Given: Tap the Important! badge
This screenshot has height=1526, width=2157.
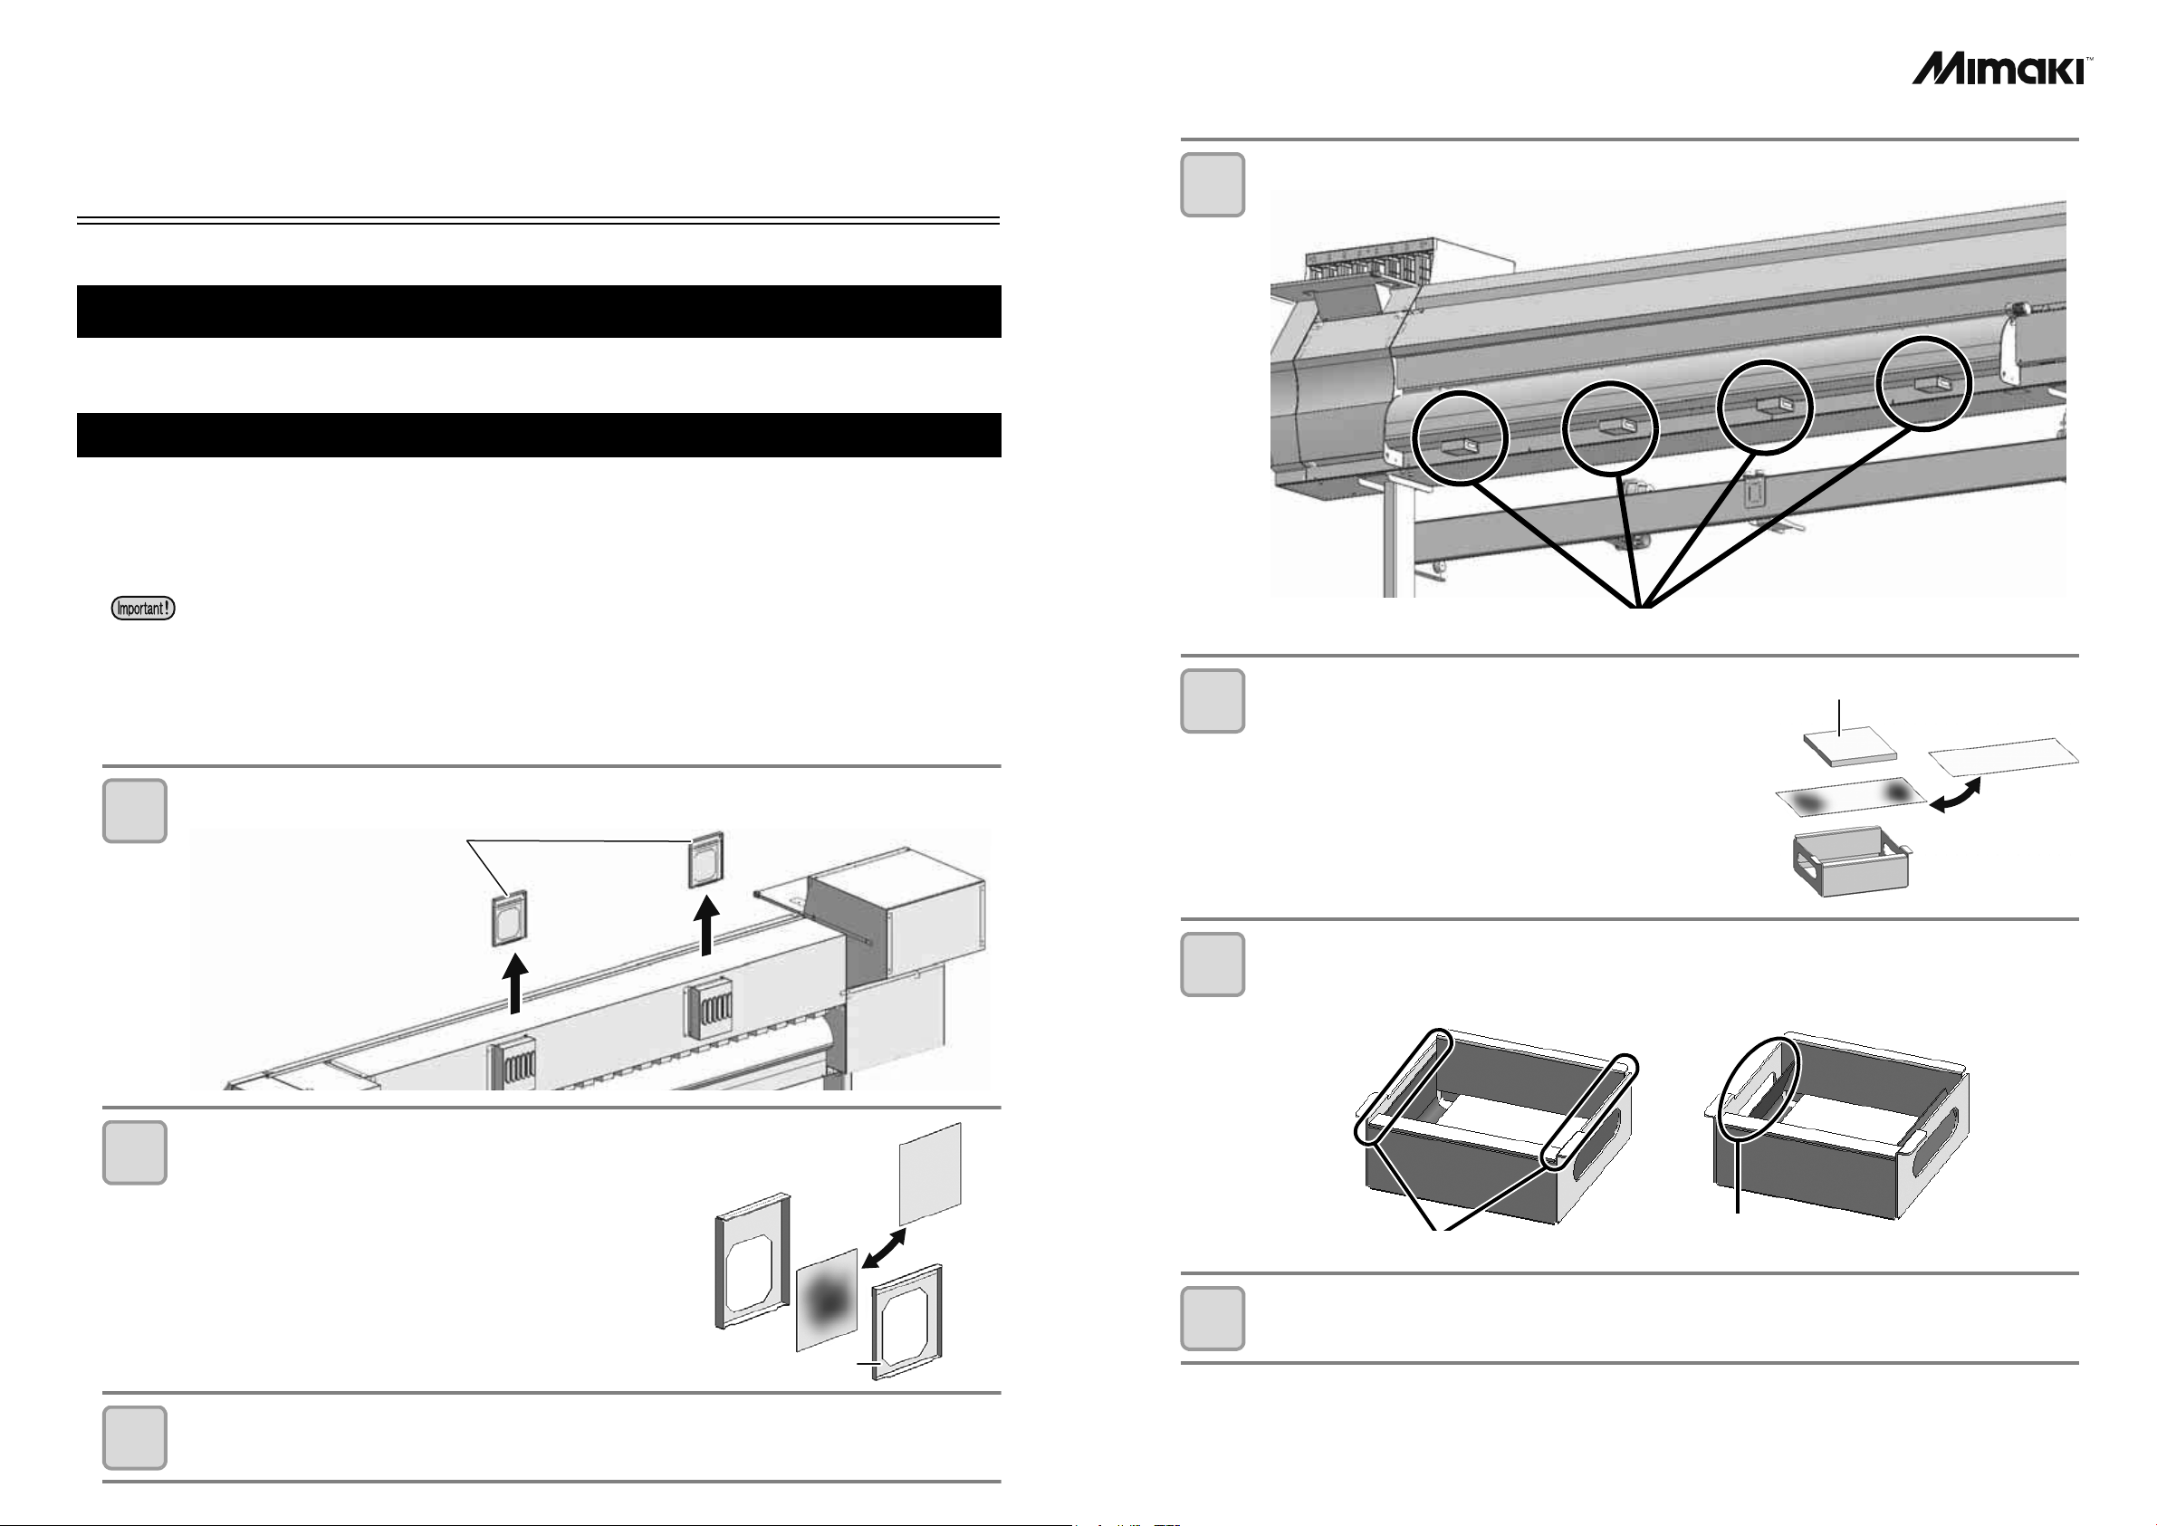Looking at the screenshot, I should [144, 608].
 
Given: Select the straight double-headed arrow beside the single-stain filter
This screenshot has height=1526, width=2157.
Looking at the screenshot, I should [884, 1249].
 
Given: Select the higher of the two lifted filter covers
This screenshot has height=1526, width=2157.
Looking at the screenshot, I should [705, 859].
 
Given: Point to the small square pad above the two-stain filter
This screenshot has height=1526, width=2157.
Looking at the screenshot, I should [1849, 744].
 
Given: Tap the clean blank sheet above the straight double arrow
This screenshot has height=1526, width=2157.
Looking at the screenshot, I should [930, 1174].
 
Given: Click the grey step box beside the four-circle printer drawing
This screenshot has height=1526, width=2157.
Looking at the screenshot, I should [1212, 184].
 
